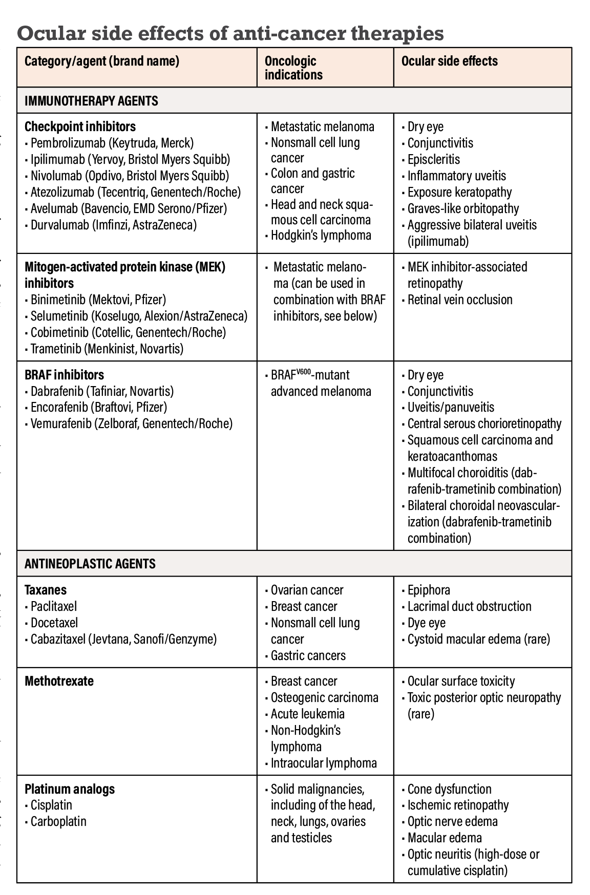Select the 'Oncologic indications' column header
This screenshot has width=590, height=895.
[293, 68]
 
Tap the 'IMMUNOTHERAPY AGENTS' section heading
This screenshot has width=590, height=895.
[91, 101]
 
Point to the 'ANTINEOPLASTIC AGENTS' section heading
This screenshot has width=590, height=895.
[90, 564]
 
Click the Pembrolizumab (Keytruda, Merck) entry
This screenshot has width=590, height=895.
[112, 143]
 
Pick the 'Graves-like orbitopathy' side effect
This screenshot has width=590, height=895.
[463, 208]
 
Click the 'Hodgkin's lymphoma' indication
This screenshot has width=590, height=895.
[321, 236]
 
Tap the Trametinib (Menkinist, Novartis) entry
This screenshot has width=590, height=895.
[107, 349]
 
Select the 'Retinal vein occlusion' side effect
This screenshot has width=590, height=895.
[459, 300]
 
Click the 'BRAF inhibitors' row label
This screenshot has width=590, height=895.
[64, 375]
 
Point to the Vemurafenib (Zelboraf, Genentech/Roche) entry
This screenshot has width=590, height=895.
[131, 423]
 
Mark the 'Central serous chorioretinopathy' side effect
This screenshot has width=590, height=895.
[484, 423]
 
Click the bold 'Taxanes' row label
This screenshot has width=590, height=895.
[46, 590]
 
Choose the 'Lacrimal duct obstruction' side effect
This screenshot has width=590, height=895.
[469, 606]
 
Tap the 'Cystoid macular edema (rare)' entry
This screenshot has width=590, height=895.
[478, 639]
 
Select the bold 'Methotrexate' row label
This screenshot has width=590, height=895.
[59, 681]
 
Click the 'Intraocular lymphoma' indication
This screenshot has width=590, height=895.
[324, 763]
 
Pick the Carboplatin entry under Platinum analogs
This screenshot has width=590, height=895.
[58, 821]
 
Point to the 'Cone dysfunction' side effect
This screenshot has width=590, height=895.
[449, 789]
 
